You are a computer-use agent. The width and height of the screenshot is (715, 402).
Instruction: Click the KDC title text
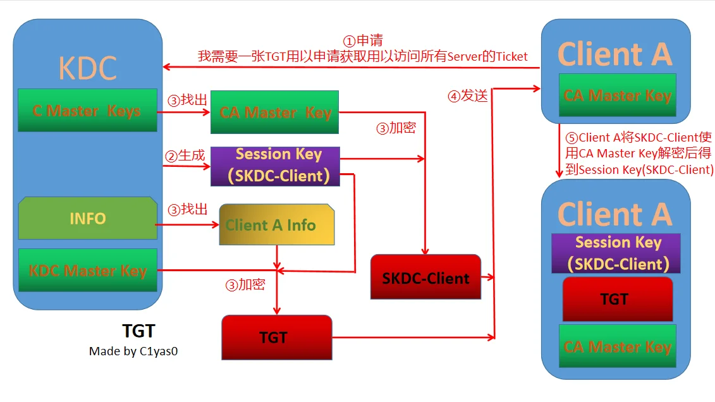tap(88, 68)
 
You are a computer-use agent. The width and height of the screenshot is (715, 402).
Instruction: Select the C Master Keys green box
tap(87, 111)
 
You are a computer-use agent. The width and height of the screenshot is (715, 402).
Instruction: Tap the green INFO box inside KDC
tap(87, 219)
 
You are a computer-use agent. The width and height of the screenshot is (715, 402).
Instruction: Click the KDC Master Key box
tap(87, 271)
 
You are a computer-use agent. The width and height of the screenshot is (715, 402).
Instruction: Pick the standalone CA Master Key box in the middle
tap(275, 113)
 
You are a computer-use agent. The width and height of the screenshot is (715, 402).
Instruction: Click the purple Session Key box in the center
tap(275, 166)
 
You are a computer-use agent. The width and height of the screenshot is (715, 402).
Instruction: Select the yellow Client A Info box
tap(276, 225)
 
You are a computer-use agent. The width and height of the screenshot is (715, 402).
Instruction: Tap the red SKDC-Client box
tap(425, 278)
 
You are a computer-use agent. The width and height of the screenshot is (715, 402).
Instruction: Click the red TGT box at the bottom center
tap(276, 338)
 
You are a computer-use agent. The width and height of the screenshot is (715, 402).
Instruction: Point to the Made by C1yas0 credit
tap(133, 351)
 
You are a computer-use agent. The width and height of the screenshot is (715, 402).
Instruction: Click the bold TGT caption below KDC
tap(138, 331)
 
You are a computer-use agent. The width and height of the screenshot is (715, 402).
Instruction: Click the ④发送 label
tap(468, 96)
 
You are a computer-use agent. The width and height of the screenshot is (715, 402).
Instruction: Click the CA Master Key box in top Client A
tap(617, 95)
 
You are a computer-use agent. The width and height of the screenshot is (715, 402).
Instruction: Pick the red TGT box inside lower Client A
tap(617, 299)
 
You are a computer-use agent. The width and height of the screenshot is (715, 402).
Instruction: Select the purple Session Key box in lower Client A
tap(617, 253)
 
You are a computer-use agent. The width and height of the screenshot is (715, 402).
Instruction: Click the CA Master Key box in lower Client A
tap(617, 346)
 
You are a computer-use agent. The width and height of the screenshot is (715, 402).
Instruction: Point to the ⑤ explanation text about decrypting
tap(639, 154)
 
